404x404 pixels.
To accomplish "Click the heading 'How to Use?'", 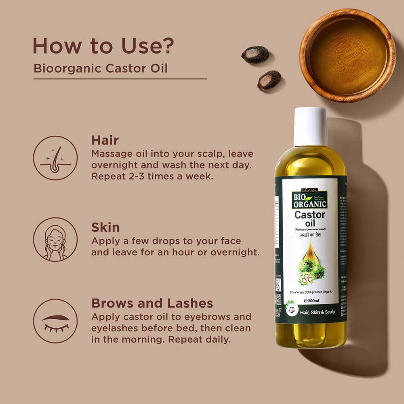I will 103,46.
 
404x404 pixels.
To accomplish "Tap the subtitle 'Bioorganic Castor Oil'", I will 101,68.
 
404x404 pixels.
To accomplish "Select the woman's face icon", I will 55,239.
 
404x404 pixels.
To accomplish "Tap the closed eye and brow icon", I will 55,321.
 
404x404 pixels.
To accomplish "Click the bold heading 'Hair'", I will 105,140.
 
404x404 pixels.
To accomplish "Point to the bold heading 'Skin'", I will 105,227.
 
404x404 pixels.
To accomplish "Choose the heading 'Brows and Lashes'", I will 152,303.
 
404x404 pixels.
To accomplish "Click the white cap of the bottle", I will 310,126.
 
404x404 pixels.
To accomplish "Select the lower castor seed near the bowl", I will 269,80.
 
